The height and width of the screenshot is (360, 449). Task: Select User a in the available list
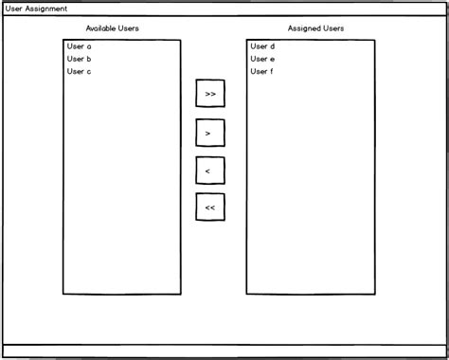(80, 45)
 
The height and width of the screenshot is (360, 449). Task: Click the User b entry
(80, 59)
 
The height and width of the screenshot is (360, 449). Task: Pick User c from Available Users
(80, 71)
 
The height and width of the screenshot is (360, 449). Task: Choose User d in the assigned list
(262, 45)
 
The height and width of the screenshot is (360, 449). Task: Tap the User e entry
(262, 59)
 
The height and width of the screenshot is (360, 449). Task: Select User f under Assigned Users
(262, 71)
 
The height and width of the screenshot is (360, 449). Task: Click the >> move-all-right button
(210, 95)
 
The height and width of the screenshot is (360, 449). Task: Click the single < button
(210, 171)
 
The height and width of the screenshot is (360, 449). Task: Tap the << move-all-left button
(210, 207)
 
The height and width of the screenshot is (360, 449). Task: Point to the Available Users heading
(112, 28)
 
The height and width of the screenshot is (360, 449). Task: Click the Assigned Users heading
(315, 28)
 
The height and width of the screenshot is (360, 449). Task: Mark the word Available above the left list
(100, 28)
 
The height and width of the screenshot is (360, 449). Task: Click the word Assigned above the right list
(304, 28)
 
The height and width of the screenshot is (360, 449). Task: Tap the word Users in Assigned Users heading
(332, 28)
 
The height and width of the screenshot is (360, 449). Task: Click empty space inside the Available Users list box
(121, 189)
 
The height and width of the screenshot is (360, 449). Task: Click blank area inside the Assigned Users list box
(310, 189)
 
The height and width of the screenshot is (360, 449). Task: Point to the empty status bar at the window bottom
(224, 351)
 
